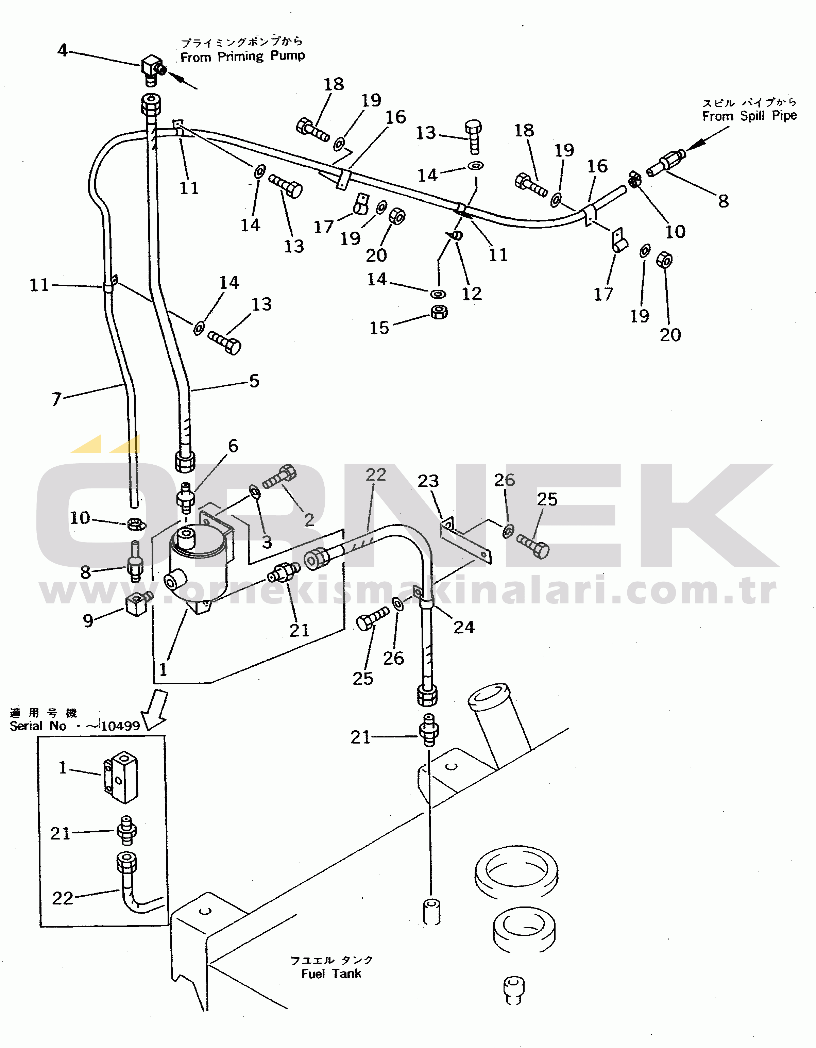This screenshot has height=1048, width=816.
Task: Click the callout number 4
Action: [62, 50]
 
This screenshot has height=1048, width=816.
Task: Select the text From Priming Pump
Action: [242, 56]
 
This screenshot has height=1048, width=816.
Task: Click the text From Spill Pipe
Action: [749, 116]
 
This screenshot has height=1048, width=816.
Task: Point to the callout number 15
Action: [379, 328]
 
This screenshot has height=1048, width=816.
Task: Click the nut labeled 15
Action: [439, 312]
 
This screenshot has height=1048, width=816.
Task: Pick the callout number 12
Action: [472, 294]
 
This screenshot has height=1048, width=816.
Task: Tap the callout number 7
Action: [56, 399]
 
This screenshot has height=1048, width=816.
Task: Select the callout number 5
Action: [254, 381]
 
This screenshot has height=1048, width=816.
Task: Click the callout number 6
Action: [233, 446]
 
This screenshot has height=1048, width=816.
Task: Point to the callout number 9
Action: [88, 620]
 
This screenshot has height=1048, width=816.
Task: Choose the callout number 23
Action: [428, 481]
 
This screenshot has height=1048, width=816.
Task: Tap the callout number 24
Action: [464, 627]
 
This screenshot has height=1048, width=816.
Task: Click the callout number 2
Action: [309, 520]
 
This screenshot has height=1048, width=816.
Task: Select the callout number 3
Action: [267, 542]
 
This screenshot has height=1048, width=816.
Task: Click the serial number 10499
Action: [120, 726]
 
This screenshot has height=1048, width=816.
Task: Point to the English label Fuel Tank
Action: [331, 974]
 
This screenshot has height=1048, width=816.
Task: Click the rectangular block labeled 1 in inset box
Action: [120, 777]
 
